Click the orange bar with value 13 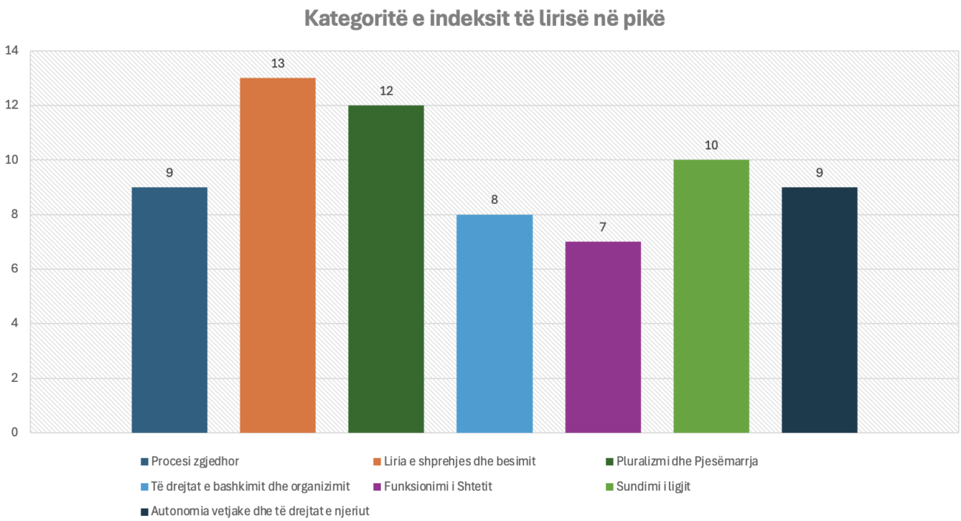coord(278,255)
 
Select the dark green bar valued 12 coord(386,269)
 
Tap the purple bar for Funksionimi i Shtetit coord(602,337)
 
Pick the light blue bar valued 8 coord(495,324)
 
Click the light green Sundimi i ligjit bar coord(711,296)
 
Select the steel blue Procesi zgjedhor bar coord(169,310)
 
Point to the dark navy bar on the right coord(819,310)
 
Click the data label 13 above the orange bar coord(278,64)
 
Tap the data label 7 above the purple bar coord(602,228)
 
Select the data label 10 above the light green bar coord(711,146)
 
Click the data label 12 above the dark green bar coord(386,91)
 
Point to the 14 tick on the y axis coord(11,51)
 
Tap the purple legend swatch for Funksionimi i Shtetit coord(378,487)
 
